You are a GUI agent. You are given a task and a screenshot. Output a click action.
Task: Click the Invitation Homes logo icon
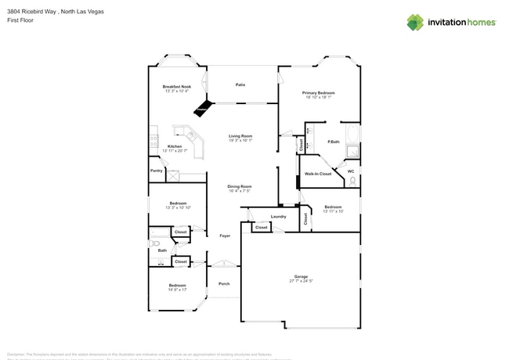pyautogui.click(x=415, y=23)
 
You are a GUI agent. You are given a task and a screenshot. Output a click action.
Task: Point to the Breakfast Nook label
pyautogui.click(x=176, y=86)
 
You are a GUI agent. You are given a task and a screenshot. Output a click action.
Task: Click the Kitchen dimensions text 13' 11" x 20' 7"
pyautogui.click(x=175, y=150)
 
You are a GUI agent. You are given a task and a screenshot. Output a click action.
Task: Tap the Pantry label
pyautogui.click(x=156, y=170)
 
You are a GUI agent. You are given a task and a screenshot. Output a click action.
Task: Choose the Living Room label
pyautogui.click(x=240, y=135)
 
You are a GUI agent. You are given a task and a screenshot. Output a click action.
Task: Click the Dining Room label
pyautogui.click(x=239, y=185)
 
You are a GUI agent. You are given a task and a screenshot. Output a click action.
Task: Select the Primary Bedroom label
pyautogui.click(x=318, y=92)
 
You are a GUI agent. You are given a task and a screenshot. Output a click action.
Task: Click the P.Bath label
pyautogui.click(x=333, y=142)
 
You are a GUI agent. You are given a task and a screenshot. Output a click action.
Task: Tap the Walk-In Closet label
pyautogui.click(x=318, y=174)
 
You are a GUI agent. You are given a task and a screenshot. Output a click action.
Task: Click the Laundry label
pyautogui.click(x=278, y=216)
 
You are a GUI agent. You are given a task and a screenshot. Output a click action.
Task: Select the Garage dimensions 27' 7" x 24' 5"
pyautogui.click(x=301, y=281)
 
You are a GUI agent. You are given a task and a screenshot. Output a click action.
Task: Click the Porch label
pyautogui.click(x=224, y=283)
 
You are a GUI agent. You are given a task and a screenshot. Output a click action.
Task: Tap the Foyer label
pyautogui.click(x=224, y=236)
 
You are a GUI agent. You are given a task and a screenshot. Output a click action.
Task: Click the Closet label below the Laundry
pyautogui.click(x=261, y=228)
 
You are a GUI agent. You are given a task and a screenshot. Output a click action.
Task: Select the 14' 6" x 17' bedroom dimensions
pyautogui.click(x=177, y=290)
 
